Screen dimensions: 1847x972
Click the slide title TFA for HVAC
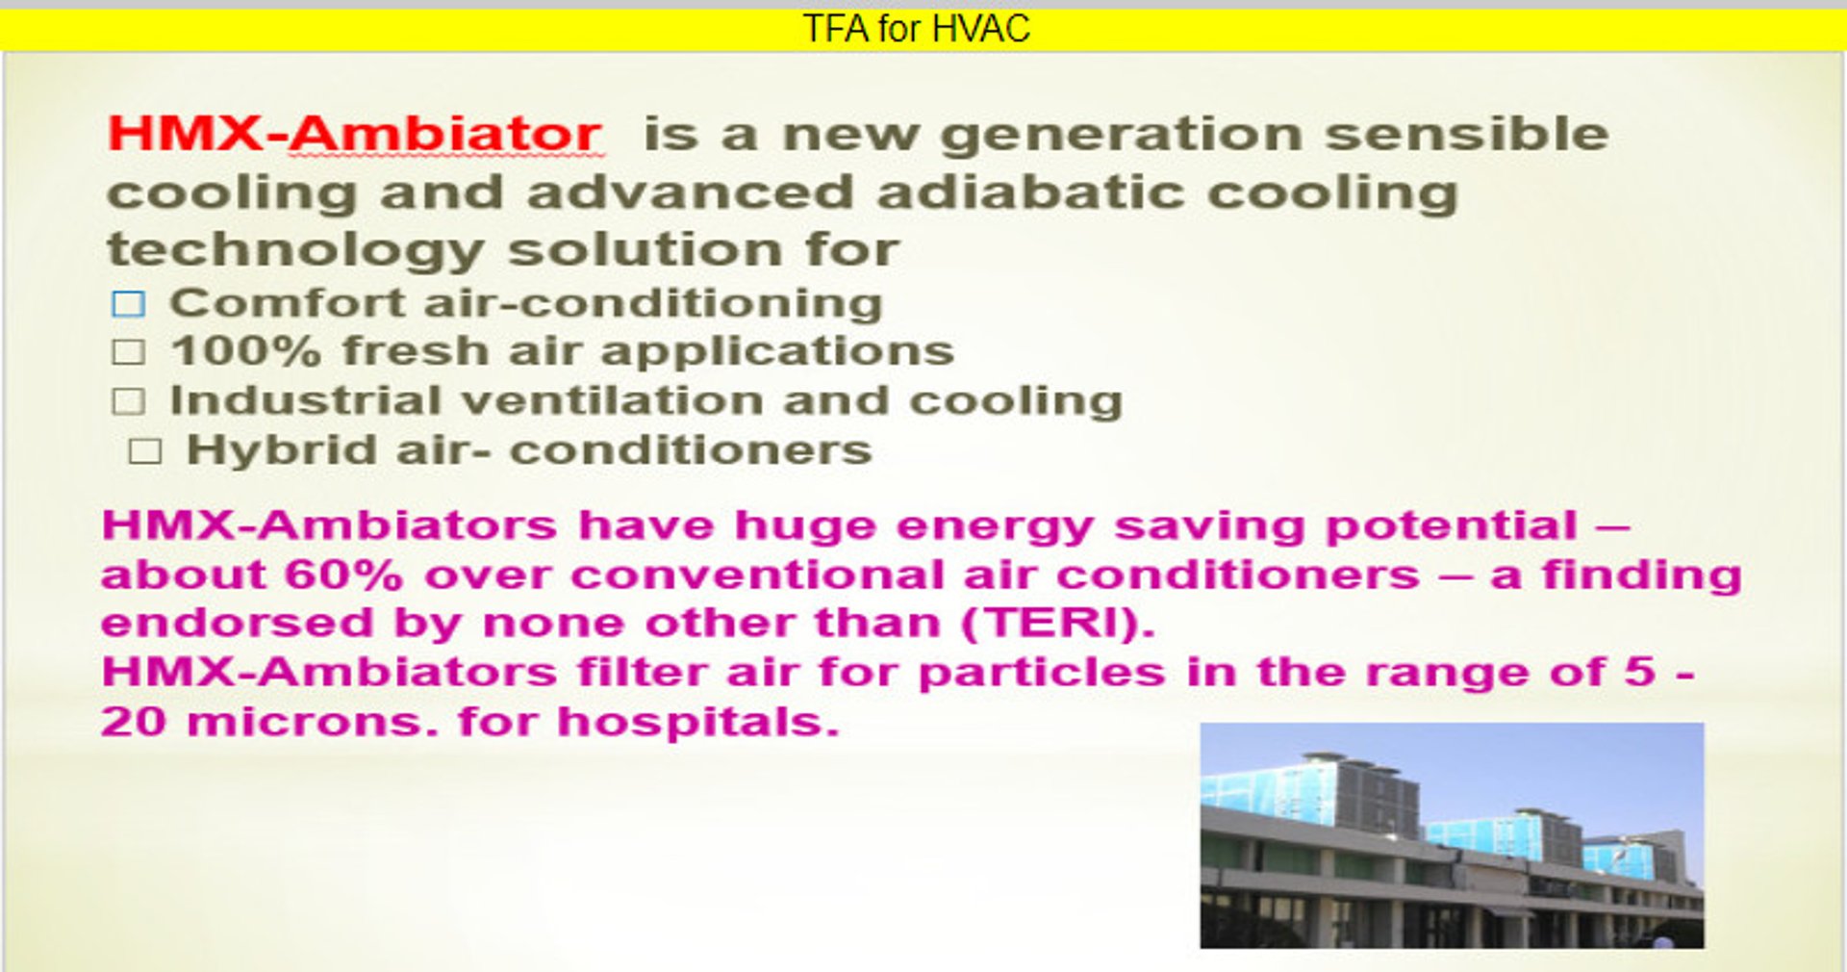(916, 29)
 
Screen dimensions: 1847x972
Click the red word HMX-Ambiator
(354, 133)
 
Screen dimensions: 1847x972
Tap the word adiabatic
(1030, 192)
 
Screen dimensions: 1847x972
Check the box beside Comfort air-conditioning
(128, 304)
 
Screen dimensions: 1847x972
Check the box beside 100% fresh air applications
(128, 352)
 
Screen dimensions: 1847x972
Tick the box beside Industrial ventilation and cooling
(128, 401)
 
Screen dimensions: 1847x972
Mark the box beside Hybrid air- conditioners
(144, 450)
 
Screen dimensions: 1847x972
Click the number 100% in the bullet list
(245, 350)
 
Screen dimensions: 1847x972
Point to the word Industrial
(305, 400)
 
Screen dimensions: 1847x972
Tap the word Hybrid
(281, 451)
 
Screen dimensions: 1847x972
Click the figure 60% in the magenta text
(343, 576)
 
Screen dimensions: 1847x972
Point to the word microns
(313, 722)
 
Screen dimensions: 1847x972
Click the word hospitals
(698, 722)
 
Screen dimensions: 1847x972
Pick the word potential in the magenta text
(1452, 526)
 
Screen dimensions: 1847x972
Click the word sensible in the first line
(1467, 133)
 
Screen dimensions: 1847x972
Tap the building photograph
(1452, 835)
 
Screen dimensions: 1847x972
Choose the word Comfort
(287, 303)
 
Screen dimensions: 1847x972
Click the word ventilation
(611, 400)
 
